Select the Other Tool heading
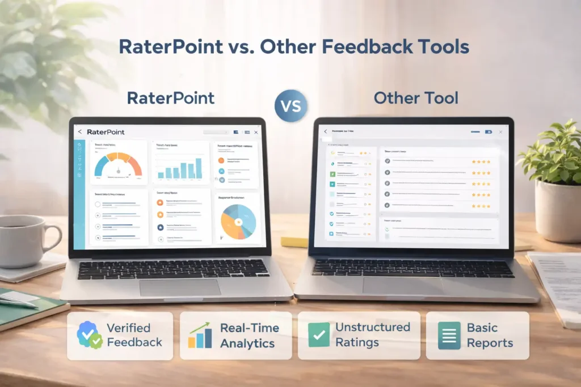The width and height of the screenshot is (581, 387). [416, 98]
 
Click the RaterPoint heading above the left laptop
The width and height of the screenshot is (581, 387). [171, 98]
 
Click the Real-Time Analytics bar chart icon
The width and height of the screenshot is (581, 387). [199, 335]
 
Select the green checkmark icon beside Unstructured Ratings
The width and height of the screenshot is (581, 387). [318, 335]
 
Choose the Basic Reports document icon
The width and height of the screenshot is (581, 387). [449, 335]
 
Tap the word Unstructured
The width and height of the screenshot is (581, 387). [372, 328]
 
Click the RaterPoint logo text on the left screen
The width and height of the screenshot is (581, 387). [106, 132]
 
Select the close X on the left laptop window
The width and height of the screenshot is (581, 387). [256, 132]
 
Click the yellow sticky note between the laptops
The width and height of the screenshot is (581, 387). [295, 243]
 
